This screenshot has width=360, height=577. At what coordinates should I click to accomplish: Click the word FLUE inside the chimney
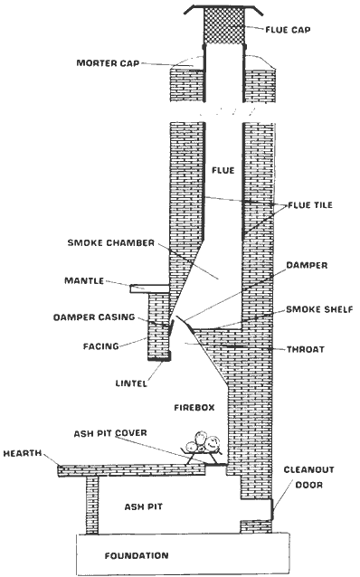[222, 170]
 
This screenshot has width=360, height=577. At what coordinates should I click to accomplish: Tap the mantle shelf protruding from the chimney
[150, 288]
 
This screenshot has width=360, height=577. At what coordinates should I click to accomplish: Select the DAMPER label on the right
[307, 265]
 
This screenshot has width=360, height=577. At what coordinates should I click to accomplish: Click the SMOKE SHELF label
[313, 309]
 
